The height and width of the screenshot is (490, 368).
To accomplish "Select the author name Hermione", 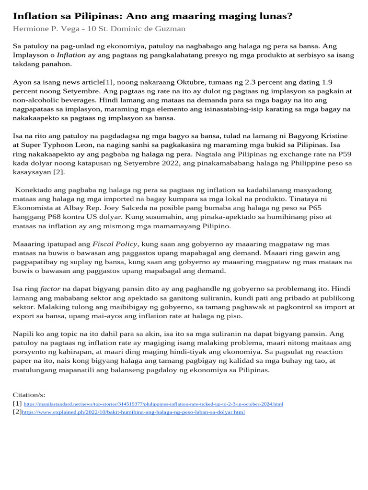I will point(30,29).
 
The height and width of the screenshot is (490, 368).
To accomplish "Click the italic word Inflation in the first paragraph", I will point(71,55).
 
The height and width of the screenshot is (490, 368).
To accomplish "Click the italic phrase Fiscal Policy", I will point(115,244).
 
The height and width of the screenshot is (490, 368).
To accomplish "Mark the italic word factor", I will point(50,289).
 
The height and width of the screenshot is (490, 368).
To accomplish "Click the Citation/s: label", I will point(29,395).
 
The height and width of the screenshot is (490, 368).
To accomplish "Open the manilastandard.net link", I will point(153,404).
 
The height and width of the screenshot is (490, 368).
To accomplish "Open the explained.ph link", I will point(133,412).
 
